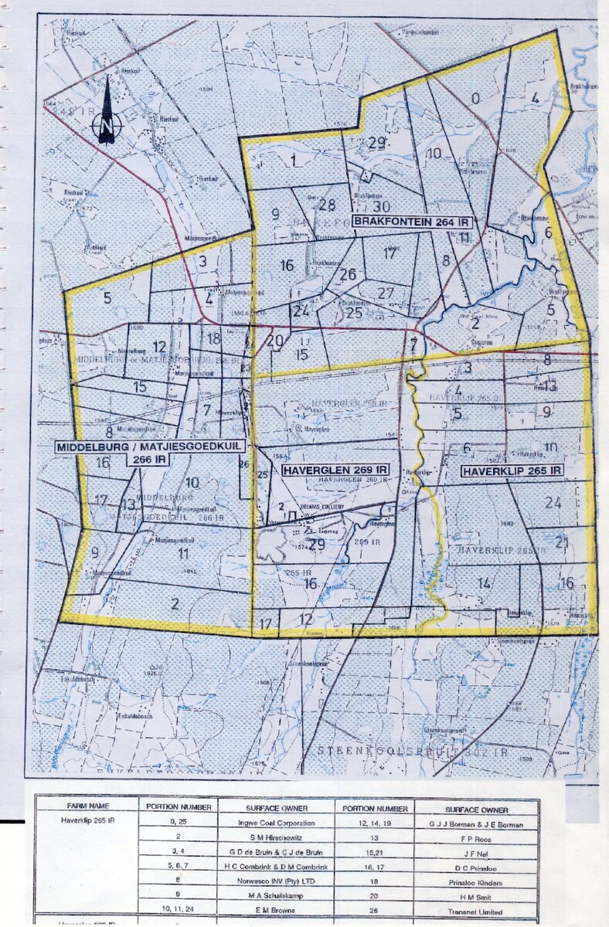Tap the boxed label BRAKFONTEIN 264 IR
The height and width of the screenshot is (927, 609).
coord(413,222)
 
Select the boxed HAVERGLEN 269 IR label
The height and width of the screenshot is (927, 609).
coord(335,470)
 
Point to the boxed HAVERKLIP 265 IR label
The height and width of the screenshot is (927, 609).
coord(512,470)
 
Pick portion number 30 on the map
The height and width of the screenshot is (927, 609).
coord(381,206)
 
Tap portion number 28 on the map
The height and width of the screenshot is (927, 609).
coord(326,205)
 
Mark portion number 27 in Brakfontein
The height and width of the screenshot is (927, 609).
coord(386,293)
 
